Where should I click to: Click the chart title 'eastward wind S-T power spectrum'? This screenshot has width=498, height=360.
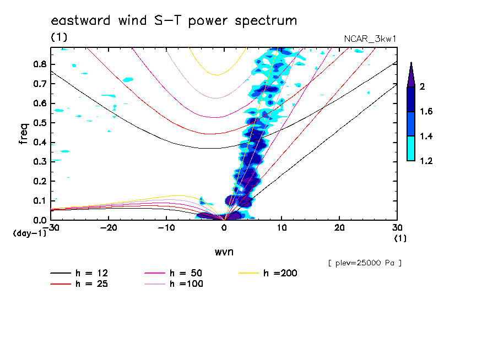174,21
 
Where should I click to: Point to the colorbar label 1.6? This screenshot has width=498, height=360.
426,112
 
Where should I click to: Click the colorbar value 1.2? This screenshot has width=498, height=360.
426,161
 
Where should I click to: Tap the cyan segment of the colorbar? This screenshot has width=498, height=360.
410,149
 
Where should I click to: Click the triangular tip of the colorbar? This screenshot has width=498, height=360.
410,74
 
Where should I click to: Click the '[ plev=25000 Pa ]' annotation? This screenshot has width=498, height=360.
364,263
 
